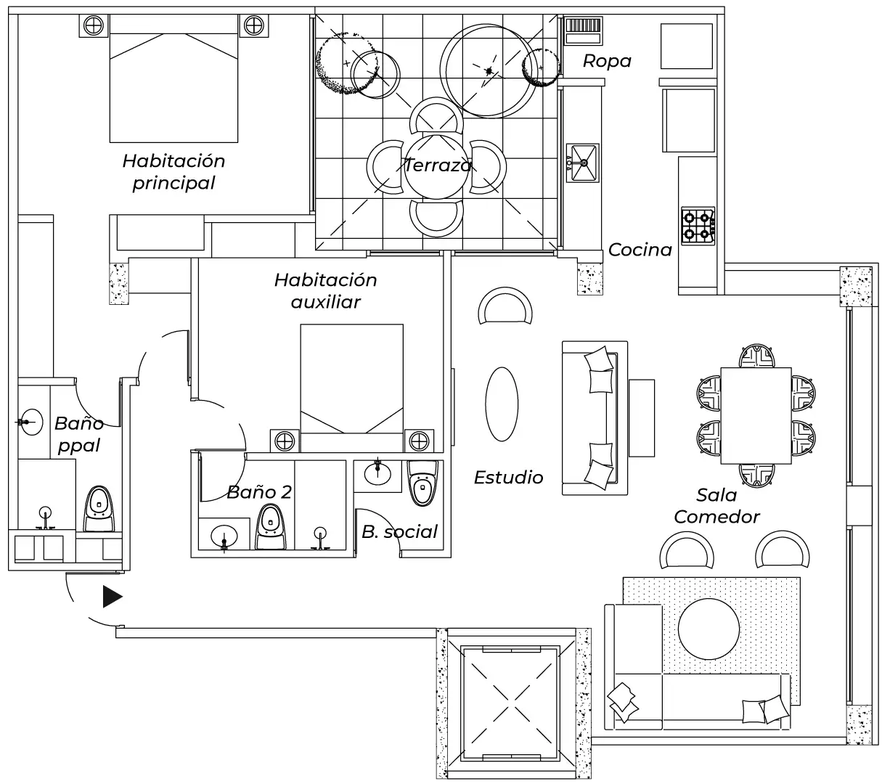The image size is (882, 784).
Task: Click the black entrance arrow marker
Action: pyautogui.click(x=112, y=597)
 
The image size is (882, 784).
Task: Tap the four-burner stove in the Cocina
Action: pyautogui.click(x=698, y=225)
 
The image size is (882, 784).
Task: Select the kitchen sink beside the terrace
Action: pyautogui.click(x=582, y=162)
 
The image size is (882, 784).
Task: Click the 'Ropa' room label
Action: pyautogui.click(x=607, y=61)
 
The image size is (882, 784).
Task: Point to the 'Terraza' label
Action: pyautogui.click(x=437, y=166)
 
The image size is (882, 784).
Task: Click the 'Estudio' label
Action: pyautogui.click(x=508, y=477)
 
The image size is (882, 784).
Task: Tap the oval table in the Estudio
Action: pyautogui.click(x=501, y=404)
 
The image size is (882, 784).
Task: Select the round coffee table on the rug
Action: pyautogui.click(x=708, y=628)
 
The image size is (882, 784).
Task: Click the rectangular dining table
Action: pyautogui.click(x=756, y=415)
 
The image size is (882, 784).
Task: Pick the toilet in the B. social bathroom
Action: pyautogui.click(x=422, y=483)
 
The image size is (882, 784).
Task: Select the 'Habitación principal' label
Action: pyautogui.click(x=173, y=171)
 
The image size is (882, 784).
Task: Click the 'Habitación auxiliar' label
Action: pyautogui.click(x=325, y=290)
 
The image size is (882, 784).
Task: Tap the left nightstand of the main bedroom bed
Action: pyautogui.click(x=92, y=25)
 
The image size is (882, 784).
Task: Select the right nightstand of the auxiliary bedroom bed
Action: pyautogui.click(x=418, y=440)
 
